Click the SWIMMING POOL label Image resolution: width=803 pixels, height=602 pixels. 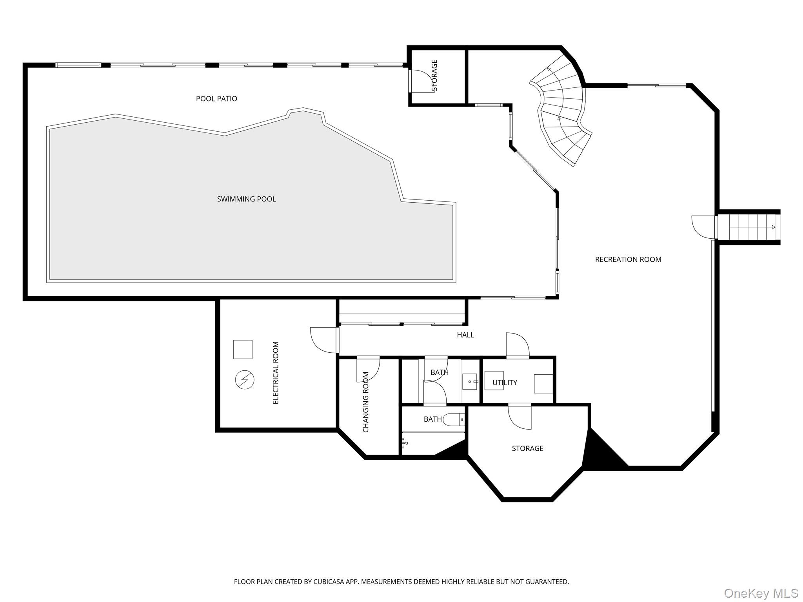click(246, 199)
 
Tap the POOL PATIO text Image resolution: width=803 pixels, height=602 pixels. click(216, 99)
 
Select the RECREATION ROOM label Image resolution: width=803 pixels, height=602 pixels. click(628, 259)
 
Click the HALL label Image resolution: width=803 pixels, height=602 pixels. click(465, 335)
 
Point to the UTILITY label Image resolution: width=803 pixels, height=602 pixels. click(505, 383)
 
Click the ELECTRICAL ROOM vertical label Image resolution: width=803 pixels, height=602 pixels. click(276, 373)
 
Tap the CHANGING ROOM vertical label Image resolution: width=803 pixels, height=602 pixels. click(366, 402)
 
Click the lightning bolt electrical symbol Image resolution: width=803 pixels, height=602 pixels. click(245, 380)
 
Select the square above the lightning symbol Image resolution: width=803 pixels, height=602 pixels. click(243, 349)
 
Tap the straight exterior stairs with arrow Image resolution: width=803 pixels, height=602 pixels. click(749, 227)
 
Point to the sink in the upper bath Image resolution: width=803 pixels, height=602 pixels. click(470, 381)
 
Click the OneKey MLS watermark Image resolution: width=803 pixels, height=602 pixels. click(761, 593)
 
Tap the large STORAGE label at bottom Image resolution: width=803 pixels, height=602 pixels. click(527, 448)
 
